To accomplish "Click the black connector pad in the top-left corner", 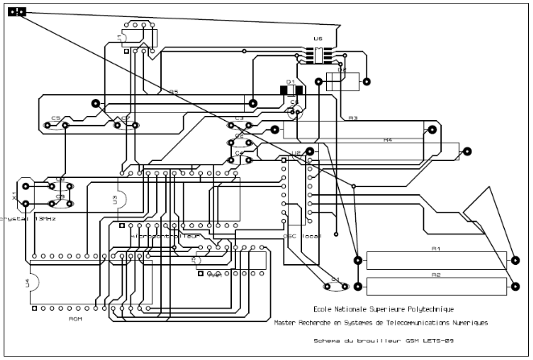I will (x=17, y=12).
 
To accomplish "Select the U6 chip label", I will (x=317, y=38).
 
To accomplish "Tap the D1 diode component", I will (x=291, y=89).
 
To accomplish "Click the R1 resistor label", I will (x=436, y=250).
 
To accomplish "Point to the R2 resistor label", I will (x=436, y=275).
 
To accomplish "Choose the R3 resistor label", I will (x=353, y=118).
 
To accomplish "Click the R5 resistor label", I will (x=173, y=92).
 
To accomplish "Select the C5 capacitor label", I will (x=56, y=118).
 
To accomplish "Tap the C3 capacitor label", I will (x=239, y=118).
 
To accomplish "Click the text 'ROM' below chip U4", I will (x=75, y=319).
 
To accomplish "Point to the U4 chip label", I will (x=27, y=283).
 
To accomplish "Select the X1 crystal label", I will (x=14, y=196).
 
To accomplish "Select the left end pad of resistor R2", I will (x=357, y=283).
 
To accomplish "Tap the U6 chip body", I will (x=317, y=55).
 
